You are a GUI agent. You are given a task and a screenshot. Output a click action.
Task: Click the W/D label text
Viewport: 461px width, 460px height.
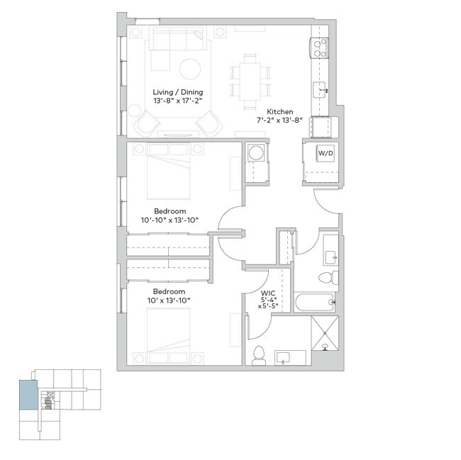[325, 152]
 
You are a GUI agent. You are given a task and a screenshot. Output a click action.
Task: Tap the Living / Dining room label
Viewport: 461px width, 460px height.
[178, 92]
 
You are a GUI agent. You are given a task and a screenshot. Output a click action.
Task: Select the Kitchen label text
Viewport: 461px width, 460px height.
[280, 112]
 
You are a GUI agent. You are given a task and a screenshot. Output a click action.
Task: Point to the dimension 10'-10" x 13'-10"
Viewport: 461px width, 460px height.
[170, 220]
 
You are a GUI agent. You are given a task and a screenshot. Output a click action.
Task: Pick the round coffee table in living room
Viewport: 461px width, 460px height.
[189, 69]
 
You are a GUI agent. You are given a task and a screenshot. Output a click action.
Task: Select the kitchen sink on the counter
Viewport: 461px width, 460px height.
[321, 89]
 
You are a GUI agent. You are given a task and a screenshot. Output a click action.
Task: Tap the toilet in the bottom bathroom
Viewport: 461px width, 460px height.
[260, 353]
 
